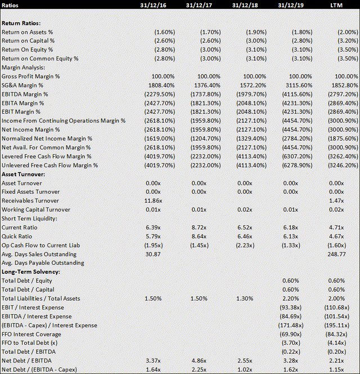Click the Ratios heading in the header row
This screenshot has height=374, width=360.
(x=12, y=6)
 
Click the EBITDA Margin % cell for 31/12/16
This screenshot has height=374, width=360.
(x=159, y=94)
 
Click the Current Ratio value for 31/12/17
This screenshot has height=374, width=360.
(x=204, y=227)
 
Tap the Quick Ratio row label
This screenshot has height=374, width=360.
(x=18, y=237)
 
